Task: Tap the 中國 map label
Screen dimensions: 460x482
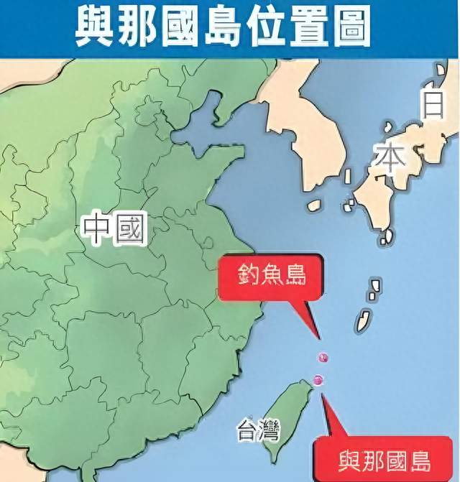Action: coord(114,228)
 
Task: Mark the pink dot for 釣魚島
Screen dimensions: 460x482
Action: coord(323,357)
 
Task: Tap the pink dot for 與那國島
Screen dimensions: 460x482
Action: coord(319,381)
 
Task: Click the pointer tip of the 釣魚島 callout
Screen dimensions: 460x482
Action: coord(318,338)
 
